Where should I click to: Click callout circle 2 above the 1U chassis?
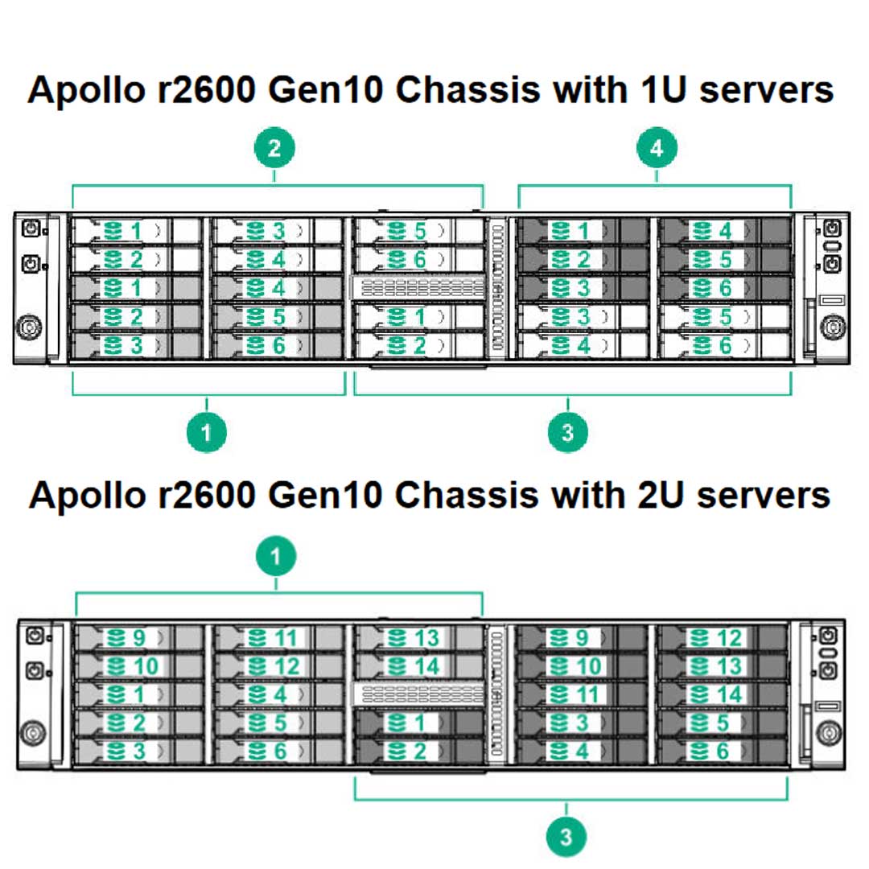point(274,148)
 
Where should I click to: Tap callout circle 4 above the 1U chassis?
point(657,148)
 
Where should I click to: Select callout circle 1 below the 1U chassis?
point(207,433)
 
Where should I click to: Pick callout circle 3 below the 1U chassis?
point(568,433)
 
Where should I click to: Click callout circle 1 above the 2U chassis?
point(276,556)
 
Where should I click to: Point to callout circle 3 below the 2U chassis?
point(566,838)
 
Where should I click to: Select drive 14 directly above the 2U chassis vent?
point(418,666)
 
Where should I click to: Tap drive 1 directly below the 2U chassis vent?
point(418,723)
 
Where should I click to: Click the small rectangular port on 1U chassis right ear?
point(830,299)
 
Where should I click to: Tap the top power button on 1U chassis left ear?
point(31,229)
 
